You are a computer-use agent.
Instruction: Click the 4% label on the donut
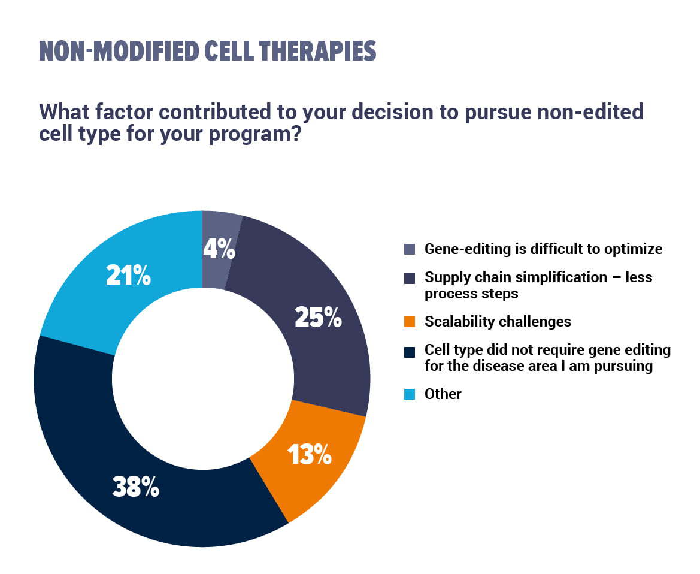219,249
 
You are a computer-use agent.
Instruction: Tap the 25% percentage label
319,318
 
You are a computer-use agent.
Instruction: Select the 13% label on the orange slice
310,454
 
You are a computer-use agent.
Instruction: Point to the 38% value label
136,487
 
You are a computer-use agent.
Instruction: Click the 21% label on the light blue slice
129,275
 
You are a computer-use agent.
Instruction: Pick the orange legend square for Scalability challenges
410,322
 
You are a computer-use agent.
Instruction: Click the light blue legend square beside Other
410,394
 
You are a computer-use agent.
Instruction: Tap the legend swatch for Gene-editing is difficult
410,249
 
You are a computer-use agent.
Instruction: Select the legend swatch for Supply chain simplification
410,278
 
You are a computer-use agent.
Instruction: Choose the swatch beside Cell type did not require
410,352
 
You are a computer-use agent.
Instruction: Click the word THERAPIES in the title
317,51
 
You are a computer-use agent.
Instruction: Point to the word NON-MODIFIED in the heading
119,51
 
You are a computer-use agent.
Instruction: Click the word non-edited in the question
590,111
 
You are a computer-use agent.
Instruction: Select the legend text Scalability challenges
498,322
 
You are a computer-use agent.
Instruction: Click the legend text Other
443,394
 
